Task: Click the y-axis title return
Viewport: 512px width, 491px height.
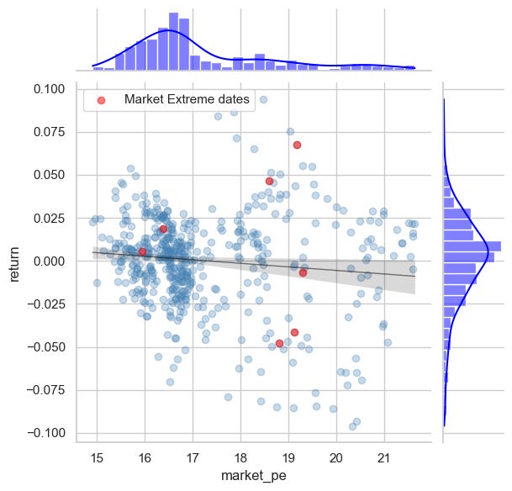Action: tap(14, 260)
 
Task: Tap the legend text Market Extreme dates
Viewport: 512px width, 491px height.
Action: tap(187, 99)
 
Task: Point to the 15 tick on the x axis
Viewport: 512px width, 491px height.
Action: tap(97, 456)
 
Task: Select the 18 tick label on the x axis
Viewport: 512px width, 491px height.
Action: tap(240, 456)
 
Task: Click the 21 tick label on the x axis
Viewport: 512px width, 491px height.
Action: tap(384, 456)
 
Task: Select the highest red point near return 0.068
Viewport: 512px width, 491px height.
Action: tap(297, 145)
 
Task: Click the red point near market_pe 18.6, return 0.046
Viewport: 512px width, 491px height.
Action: tap(269, 181)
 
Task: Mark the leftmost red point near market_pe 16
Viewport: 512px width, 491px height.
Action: tap(142, 251)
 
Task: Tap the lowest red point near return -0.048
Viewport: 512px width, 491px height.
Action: tap(279, 343)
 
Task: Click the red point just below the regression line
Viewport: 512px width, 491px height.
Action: tap(303, 272)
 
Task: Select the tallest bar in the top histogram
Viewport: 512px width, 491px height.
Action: tap(173, 41)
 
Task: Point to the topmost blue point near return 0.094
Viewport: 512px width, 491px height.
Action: tap(263, 99)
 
